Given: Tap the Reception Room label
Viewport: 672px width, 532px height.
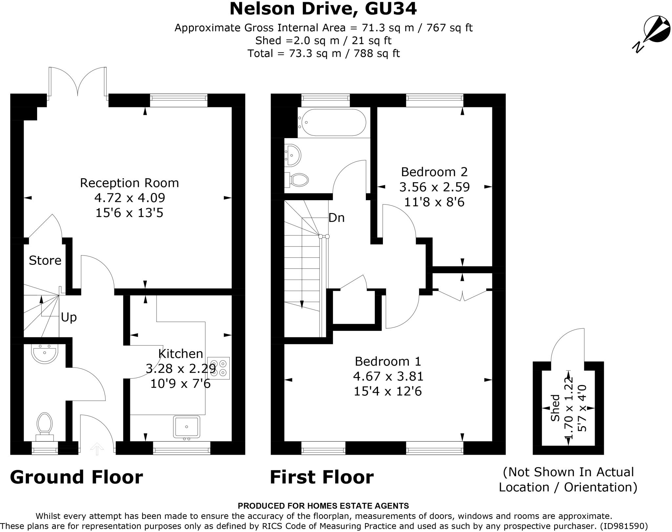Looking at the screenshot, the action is tap(129, 183).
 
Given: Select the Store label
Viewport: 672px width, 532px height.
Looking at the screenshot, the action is tap(45, 260).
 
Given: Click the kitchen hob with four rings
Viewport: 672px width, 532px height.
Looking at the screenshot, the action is tap(219, 368).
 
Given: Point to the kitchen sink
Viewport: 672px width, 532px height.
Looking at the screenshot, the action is tap(186, 427).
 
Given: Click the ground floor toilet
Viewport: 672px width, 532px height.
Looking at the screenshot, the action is tap(45, 426).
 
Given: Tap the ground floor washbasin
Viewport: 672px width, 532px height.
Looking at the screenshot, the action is tap(45, 353).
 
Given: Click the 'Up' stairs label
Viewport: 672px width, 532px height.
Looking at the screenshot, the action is tap(69, 317).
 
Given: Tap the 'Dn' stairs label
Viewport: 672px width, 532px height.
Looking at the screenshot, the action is tap(336, 218).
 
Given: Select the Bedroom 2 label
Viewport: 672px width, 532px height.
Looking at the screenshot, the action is tap(434, 172).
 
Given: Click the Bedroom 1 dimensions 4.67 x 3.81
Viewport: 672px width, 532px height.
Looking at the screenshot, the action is tap(388, 376).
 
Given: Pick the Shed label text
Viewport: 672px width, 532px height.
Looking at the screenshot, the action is tap(555, 408).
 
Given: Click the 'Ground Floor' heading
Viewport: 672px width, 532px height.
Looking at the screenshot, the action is tap(76, 477).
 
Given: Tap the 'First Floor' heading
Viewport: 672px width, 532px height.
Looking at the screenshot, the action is tap(322, 477).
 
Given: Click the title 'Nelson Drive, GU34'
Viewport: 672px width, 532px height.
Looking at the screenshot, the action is tap(323, 9).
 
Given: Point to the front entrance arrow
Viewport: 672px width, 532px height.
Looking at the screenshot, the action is tap(97, 449).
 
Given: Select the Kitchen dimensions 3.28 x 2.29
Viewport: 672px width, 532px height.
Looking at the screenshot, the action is tap(181, 369).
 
